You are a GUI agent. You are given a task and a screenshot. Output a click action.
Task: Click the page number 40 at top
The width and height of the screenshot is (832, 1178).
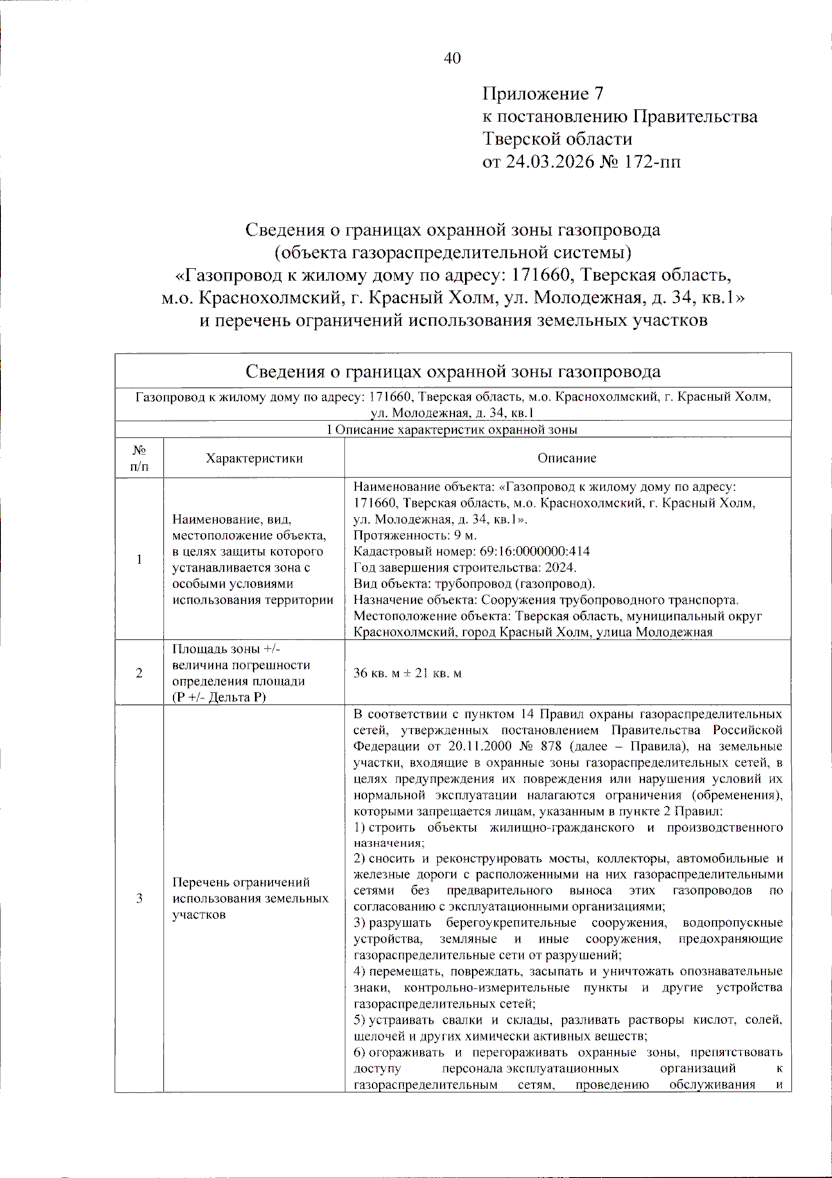coord(452,58)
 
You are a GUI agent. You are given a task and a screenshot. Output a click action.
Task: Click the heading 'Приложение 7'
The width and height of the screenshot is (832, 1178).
coord(543,94)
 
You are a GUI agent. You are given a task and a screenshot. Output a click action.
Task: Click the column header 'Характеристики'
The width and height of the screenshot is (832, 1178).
coord(254,458)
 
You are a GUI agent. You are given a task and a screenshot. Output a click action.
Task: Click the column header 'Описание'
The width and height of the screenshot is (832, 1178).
coord(566,458)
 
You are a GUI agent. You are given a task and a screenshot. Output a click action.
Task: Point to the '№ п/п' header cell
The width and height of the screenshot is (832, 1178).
coord(139,458)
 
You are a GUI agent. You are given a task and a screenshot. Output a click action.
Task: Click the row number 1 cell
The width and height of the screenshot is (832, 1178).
coord(139,559)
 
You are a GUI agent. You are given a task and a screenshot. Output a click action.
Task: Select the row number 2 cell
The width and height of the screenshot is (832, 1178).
coord(139,673)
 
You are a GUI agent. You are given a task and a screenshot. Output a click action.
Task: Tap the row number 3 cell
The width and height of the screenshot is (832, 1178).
coord(139,898)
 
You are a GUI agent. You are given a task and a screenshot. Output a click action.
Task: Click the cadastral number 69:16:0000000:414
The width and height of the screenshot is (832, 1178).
coord(535,552)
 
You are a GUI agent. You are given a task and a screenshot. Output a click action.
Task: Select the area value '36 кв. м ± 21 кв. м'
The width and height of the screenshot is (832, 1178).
coord(407,673)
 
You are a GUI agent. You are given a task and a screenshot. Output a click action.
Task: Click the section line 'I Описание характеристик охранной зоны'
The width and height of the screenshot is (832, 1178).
coord(452,429)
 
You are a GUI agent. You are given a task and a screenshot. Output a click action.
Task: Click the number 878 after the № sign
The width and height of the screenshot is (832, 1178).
coord(551,746)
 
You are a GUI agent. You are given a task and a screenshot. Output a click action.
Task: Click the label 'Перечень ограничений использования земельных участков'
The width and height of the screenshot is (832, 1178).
coord(250,898)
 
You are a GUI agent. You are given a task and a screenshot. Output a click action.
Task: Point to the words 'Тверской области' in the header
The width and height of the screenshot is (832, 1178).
coord(557,139)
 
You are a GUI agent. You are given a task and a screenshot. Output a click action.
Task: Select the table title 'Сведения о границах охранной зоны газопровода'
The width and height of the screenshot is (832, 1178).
coord(453,372)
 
